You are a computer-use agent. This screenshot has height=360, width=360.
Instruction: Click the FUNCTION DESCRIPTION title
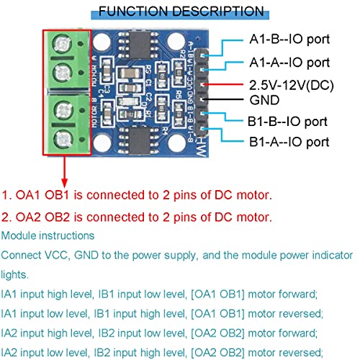click(x=181, y=11)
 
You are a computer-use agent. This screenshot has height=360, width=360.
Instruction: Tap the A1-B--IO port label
click(x=289, y=42)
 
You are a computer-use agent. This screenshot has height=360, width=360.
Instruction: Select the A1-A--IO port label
click(x=289, y=63)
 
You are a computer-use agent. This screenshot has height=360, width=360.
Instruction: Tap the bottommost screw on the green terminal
click(x=63, y=138)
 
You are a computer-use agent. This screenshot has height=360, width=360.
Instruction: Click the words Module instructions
click(x=48, y=236)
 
